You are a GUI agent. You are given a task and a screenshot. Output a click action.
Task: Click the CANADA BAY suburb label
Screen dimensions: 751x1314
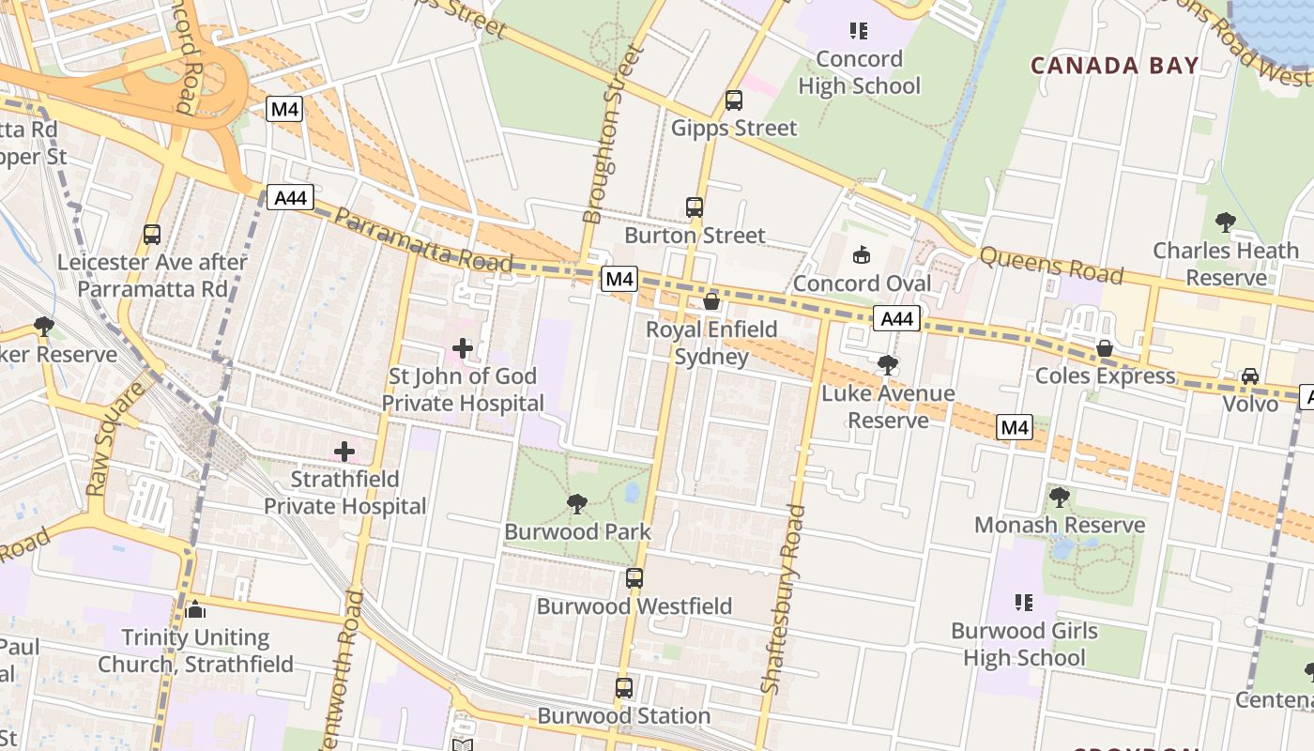(x=1115, y=66)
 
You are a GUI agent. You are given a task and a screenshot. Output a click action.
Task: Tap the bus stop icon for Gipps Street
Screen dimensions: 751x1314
(x=734, y=100)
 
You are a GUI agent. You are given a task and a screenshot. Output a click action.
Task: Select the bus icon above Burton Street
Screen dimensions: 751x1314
(x=695, y=207)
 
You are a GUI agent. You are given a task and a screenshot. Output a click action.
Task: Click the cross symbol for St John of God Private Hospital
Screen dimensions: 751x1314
(x=463, y=349)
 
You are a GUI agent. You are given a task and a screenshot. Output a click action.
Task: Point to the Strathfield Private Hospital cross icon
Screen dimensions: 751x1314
(x=344, y=452)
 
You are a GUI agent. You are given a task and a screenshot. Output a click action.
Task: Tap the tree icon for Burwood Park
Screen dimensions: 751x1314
(x=577, y=504)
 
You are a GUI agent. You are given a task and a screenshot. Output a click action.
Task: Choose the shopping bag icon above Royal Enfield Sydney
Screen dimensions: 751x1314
(x=711, y=301)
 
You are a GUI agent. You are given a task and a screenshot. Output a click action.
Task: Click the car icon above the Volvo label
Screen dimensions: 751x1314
(x=1250, y=376)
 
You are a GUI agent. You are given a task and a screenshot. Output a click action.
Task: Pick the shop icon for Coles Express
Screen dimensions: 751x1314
(x=1105, y=348)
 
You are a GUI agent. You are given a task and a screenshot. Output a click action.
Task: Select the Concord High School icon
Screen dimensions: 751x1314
(x=858, y=31)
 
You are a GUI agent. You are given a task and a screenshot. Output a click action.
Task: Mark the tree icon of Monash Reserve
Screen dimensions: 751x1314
(x=1060, y=498)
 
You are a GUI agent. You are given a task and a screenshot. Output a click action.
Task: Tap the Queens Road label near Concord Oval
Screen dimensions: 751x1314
(x=1051, y=266)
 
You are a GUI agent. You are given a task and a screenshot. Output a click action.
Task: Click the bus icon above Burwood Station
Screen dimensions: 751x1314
(x=624, y=688)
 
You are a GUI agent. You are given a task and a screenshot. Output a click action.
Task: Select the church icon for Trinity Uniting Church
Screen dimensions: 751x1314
(x=195, y=610)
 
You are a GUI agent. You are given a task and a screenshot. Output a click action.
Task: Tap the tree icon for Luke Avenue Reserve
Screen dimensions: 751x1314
(x=887, y=365)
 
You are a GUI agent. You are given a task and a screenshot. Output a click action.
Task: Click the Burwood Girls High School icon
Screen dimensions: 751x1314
(x=1023, y=602)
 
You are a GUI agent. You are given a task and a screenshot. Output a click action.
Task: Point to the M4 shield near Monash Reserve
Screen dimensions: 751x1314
(x=1015, y=428)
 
